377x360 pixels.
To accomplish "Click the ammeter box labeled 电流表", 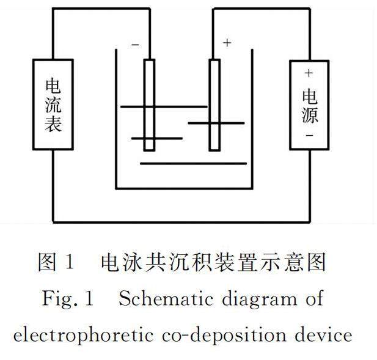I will [53, 105].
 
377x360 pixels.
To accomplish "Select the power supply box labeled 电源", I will [309, 105].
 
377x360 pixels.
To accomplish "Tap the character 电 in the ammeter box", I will [53, 84].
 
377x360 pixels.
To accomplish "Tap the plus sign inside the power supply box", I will [309, 73].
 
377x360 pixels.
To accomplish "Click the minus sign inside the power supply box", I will [309, 136].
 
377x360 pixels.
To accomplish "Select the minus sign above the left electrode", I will [136, 44].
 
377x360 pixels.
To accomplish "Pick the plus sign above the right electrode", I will [227, 43].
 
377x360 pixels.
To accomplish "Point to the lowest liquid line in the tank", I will [193, 163].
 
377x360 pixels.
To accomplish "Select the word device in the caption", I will [322, 335].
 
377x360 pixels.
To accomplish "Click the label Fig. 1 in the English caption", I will [67, 299].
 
